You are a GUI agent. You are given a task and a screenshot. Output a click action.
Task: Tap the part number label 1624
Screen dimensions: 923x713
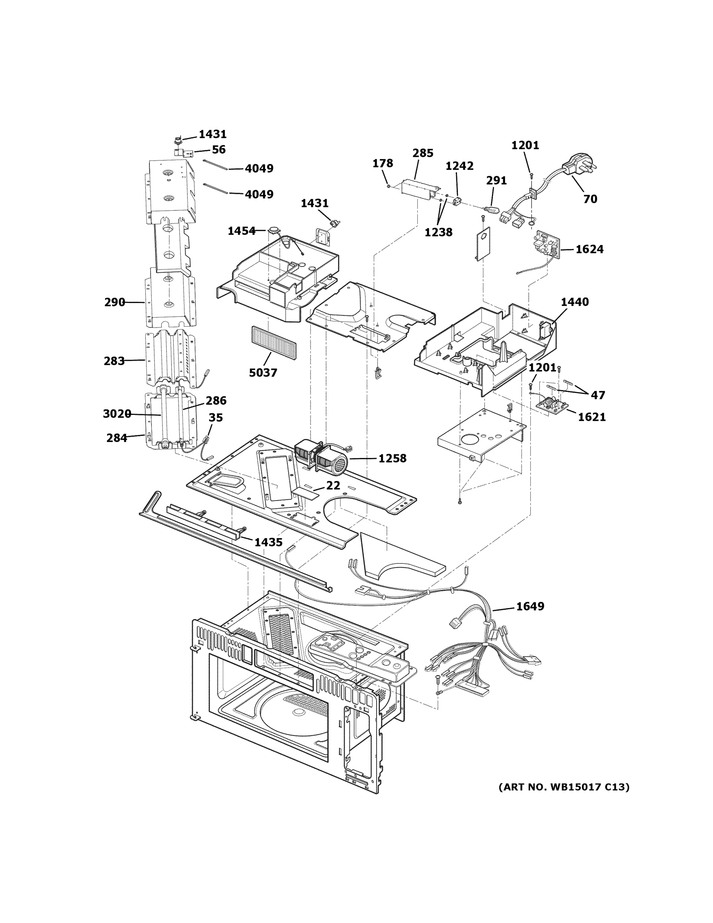pyautogui.click(x=589, y=249)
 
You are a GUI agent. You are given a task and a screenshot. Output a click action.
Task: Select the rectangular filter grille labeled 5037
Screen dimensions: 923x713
pyautogui.click(x=273, y=342)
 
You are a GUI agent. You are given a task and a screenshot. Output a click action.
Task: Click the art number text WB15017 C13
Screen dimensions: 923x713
pyautogui.click(x=563, y=787)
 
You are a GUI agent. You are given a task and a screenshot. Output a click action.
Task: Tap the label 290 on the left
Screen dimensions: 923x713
pyautogui.click(x=115, y=302)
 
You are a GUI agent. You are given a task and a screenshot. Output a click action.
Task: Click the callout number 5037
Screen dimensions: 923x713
pyautogui.click(x=263, y=373)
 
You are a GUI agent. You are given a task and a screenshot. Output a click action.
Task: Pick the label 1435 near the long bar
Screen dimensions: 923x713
pyautogui.click(x=268, y=542)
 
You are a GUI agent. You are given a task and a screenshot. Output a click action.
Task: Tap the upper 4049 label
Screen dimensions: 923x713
pyautogui.click(x=259, y=168)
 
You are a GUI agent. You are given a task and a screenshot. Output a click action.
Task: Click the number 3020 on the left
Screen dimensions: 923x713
pyautogui.click(x=116, y=414)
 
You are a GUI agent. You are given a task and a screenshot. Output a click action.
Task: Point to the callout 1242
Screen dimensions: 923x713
pyautogui.click(x=459, y=166)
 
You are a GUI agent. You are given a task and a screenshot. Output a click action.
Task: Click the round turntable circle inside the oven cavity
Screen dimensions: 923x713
pyautogui.click(x=296, y=714)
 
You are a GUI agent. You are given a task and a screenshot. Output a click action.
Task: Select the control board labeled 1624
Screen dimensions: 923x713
pyautogui.click(x=547, y=245)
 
